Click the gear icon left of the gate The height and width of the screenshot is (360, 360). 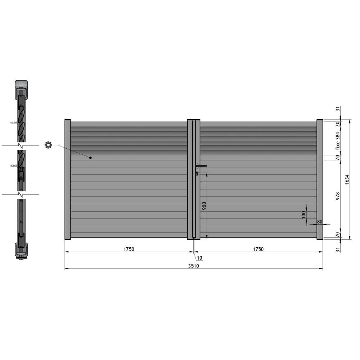coord(48,145)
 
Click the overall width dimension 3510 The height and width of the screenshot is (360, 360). coord(193,266)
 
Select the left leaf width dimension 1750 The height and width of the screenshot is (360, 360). coord(129,249)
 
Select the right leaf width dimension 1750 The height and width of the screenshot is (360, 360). coord(258,249)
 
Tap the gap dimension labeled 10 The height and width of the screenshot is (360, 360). coord(199,258)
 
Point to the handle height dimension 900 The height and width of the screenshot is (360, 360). coord(204,206)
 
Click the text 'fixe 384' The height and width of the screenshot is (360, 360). coord(338,140)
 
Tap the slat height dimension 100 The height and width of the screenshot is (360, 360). coord(303,215)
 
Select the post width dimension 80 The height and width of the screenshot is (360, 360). coord(320,222)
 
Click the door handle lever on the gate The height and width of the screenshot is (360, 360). coord(202,166)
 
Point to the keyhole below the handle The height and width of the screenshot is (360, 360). coord(197,174)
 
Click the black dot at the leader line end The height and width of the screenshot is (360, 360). coord(90,158)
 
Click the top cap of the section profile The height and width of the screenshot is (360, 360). coord(21,84)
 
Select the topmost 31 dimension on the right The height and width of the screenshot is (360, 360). coord(338,109)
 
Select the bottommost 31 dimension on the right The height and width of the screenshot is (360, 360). coord(338,249)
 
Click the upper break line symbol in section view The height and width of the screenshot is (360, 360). coord(21,146)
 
